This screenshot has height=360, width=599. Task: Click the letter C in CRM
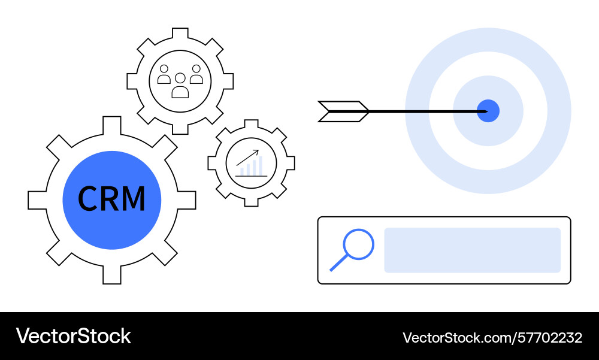click(88, 198)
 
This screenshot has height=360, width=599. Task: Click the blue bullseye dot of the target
click(488, 111)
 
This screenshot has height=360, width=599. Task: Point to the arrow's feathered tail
click(343, 111)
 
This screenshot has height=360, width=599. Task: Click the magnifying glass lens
click(358, 244)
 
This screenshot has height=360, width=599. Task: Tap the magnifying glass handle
click(338, 262)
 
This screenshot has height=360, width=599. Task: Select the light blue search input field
click(472, 250)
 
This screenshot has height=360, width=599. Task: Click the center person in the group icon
click(180, 86)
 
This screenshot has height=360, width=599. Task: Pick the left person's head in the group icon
click(164, 69)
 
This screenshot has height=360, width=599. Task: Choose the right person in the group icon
click(196, 74)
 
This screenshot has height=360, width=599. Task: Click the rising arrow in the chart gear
click(247, 158)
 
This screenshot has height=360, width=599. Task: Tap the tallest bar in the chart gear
click(260, 166)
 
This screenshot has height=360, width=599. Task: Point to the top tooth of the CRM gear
click(112, 125)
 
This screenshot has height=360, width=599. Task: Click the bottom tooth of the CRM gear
click(112, 275)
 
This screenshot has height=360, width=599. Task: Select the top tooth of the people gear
click(180, 33)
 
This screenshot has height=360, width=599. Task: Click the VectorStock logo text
click(73, 336)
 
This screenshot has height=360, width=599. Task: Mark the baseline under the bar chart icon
click(251, 176)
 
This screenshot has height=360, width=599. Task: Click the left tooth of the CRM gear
click(37, 200)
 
